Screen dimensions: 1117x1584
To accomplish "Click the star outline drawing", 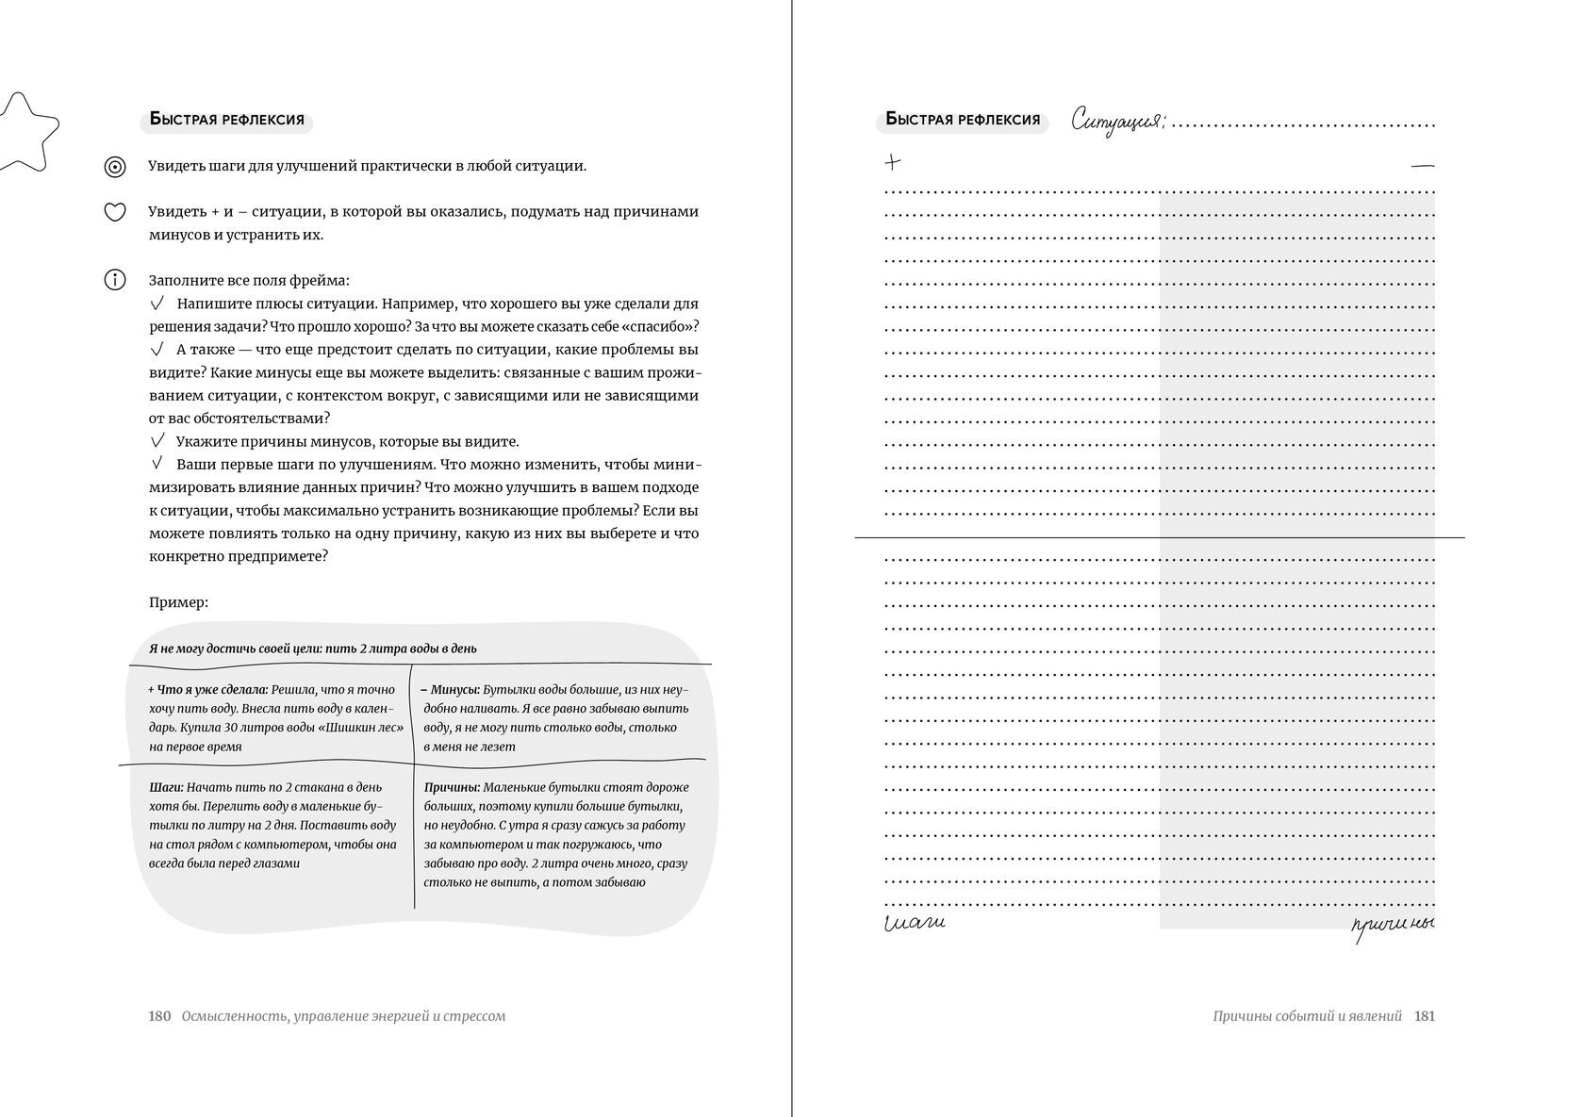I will (28, 132).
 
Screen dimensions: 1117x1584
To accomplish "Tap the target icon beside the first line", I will (114, 167).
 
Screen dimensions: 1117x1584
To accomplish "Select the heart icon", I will (114, 212).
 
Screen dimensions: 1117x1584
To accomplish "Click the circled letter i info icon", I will (114, 280).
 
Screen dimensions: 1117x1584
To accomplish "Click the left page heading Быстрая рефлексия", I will (226, 121).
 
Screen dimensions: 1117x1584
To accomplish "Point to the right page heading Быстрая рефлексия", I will (963, 121).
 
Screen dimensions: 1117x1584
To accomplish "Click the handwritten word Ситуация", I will (1118, 123).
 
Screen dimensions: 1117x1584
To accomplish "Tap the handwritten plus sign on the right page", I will (893, 162).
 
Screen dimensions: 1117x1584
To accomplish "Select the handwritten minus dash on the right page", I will (1422, 167).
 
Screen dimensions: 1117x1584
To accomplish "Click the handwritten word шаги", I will (915, 923).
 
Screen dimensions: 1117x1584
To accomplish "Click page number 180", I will (159, 1016).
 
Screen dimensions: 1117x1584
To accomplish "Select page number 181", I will (1425, 1016).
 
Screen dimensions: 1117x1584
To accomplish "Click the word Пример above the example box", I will (178, 602).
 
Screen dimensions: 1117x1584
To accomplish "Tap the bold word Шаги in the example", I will (166, 787).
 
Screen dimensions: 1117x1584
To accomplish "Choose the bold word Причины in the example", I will (453, 787).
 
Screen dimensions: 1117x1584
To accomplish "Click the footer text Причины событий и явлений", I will (1308, 1016).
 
